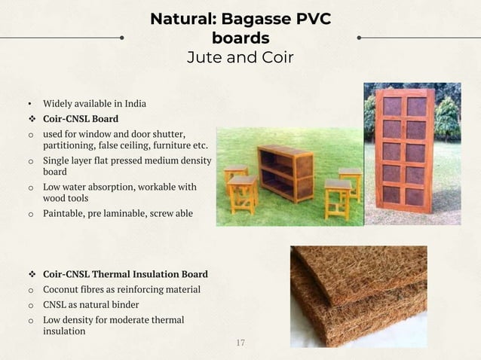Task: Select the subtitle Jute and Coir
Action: (x=240, y=57)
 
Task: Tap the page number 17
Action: (x=240, y=343)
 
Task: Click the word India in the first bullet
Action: (x=133, y=103)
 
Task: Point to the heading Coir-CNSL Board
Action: (x=80, y=118)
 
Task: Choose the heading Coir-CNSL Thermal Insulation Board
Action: (x=125, y=274)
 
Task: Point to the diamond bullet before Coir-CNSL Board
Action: (x=31, y=118)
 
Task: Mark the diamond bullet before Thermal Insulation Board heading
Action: (x=31, y=274)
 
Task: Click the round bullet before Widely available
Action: (x=30, y=103)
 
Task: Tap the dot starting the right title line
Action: (x=359, y=36)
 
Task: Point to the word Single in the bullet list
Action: (x=57, y=161)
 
